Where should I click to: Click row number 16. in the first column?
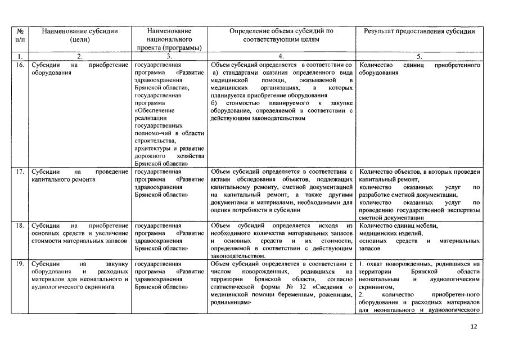pyautogui.click(x=19, y=66)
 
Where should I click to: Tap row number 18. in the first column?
pyautogui.click(x=19, y=226)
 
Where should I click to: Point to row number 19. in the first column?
pyautogui.click(x=19, y=263)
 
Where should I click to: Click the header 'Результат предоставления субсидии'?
pyautogui.click(x=419, y=31)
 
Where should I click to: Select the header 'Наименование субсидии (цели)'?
pyautogui.click(x=80, y=35)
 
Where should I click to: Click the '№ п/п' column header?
pyautogui.click(x=19, y=35)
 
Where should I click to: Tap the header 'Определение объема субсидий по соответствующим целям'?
pyautogui.click(x=281, y=35)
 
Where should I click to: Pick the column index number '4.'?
pyautogui.click(x=281, y=57)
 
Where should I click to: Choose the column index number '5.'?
pyautogui.click(x=419, y=57)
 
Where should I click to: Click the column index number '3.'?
pyautogui.click(x=169, y=57)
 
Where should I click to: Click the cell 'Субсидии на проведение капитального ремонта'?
pyautogui.click(x=80, y=175)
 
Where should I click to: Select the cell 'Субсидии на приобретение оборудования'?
pyautogui.click(x=80, y=69)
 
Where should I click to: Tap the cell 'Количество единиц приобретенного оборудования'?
pyautogui.click(x=419, y=69)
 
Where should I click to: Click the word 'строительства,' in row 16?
pyautogui.click(x=155, y=141)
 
